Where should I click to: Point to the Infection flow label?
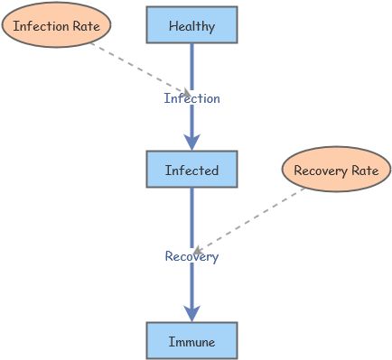[x=191, y=98]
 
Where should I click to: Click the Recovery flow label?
[x=191, y=256]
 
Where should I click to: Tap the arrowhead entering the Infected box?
[x=191, y=142]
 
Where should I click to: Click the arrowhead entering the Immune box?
[x=191, y=313]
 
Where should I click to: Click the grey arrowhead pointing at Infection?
[x=186, y=93]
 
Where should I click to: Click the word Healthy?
[x=191, y=26]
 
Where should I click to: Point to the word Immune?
[x=191, y=342]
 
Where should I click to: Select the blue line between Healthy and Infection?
[x=191, y=65]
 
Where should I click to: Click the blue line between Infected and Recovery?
[x=191, y=217]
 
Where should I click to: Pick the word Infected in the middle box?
[x=191, y=170]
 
